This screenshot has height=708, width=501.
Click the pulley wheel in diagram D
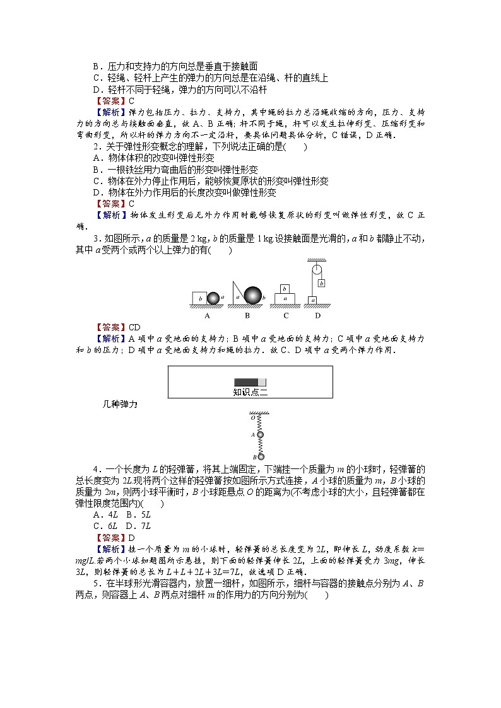pyautogui.click(x=311, y=269)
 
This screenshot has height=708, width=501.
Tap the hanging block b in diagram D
pyautogui.click(x=321, y=284)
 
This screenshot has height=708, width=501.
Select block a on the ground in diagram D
pyautogui.click(x=311, y=300)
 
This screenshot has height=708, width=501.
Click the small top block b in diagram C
pyautogui.click(x=285, y=288)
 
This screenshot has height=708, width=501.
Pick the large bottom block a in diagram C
pyautogui.click(x=285, y=298)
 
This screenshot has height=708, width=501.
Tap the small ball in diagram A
pyautogui.click(x=214, y=298)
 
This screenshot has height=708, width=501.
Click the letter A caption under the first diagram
pyautogui.click(x=207, y=315)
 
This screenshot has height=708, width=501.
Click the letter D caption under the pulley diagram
pyautogui.click(x=317, y=315)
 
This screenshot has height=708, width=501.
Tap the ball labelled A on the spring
pyautogui.click(x=259, y=435)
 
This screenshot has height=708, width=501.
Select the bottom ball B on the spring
pyautogui.click(x=260, y=456)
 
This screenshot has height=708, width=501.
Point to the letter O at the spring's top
pyautogui.click(x=252, y=417)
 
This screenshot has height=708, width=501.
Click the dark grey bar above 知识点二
pyautogui.click(x=246, y=382)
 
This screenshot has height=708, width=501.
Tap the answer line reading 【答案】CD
pyautogui.click(x=117, y=327)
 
